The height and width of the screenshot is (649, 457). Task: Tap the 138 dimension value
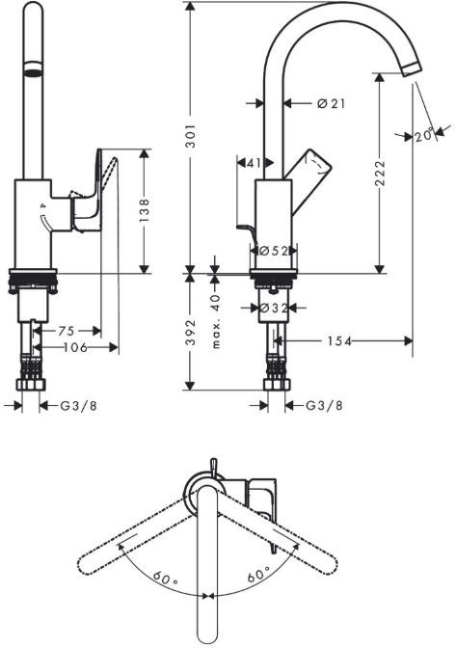(144, 210)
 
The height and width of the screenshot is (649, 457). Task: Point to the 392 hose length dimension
(191, 334)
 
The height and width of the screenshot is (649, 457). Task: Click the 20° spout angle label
(423, 136)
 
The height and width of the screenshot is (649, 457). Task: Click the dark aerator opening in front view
(33, 72)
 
